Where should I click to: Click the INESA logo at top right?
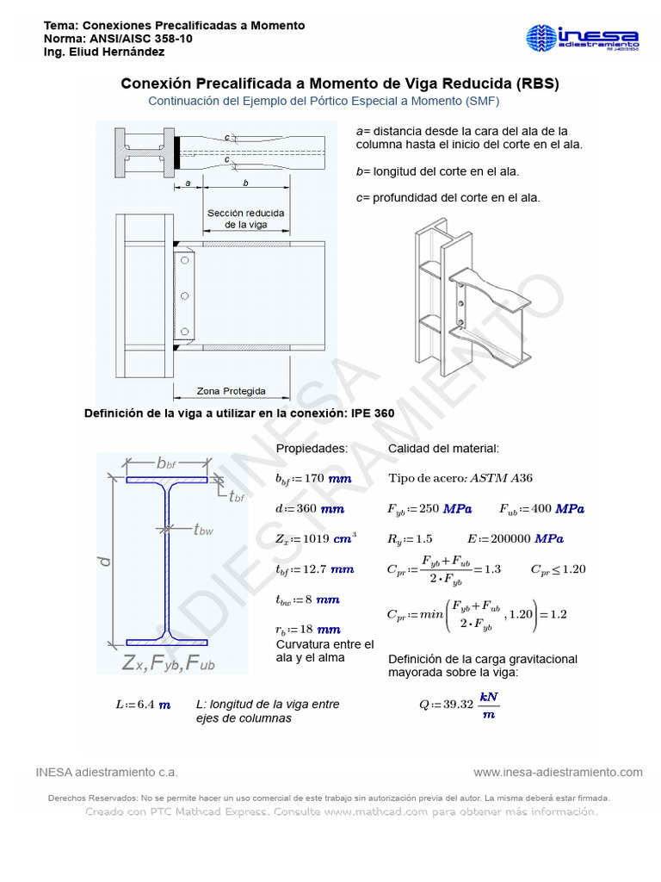click(x=582, y=40)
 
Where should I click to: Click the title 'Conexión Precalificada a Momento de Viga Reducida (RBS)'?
click(x=339, y=84)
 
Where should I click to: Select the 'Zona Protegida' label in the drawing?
click(x=231, y=390)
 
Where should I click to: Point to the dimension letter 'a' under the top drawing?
click(x=188, y=183)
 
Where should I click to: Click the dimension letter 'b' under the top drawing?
click(x=246, y=183)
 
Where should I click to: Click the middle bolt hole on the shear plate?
click(x=184, y=296)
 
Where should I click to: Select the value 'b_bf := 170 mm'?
click(x=313, y=478)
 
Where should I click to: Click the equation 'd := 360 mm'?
click(x=310, y=508)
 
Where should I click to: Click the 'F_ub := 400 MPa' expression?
click(x=541, y=508)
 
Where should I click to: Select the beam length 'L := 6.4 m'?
click(x=142, y=704)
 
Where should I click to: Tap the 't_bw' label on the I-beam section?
click(x=203, y=530)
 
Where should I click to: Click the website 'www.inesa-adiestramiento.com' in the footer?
click(x=558, y=771)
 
